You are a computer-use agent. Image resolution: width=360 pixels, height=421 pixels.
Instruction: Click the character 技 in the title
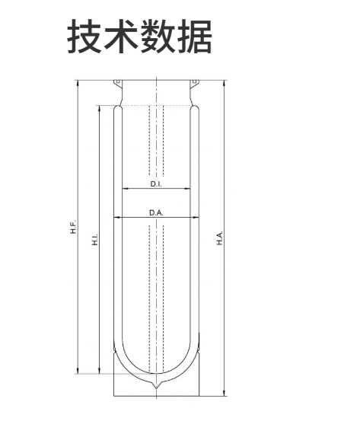84,36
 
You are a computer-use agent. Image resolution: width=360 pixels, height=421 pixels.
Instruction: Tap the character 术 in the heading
121,36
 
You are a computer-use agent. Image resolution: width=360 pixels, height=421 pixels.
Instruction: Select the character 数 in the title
158,36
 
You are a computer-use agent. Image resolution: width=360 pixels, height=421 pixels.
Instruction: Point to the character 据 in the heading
194,36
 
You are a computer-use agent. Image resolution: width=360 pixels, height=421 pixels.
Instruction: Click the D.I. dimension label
156,184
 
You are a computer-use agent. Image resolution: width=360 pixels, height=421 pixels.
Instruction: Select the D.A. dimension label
156,213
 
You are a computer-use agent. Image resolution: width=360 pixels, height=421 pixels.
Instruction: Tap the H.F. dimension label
73,226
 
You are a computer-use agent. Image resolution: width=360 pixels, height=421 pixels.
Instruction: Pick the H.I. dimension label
95,239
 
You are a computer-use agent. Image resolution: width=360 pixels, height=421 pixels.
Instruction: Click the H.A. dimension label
220,238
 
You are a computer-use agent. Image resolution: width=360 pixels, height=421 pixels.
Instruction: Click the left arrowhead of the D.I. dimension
125,189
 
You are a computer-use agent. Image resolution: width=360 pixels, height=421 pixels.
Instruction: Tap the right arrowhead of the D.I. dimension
188,189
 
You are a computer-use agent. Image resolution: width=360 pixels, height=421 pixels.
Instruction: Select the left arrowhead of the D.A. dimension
116,218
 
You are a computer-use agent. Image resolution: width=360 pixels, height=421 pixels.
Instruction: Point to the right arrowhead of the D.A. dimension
196,218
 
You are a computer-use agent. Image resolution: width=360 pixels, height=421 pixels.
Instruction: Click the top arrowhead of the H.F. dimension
78,83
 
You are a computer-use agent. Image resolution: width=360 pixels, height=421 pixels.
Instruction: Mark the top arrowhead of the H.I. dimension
100,108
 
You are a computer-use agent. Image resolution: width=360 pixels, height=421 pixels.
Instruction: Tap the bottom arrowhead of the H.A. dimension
225,393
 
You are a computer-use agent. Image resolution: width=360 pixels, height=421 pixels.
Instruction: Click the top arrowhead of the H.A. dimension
225,83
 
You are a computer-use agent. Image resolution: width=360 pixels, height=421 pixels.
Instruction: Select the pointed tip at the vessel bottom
156,389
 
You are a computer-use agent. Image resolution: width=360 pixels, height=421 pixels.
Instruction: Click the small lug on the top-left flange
117,82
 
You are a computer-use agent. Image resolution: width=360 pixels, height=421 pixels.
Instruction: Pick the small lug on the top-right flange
195,82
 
